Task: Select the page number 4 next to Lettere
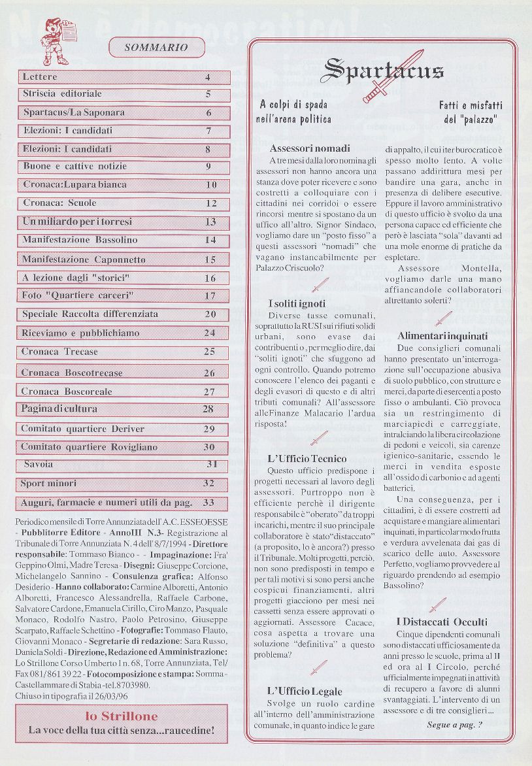(208, 77)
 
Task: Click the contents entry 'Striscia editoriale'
(63, 94)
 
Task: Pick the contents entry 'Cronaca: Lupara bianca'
(75, 185)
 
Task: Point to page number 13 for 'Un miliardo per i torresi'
(210, 222)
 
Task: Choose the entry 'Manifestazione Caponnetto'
(84, 259)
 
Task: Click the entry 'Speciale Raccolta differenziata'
(90, 314)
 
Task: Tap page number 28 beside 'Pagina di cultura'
(208, 410)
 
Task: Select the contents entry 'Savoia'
(39, 465)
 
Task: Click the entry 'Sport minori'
(48, 484)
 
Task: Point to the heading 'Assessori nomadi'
(310, 148)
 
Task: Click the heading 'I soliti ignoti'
(297, 304)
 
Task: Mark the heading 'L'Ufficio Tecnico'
(307, 459)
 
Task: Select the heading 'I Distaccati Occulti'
(442, 622)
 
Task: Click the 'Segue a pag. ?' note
(455, 724)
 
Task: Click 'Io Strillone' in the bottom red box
(122, 716)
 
